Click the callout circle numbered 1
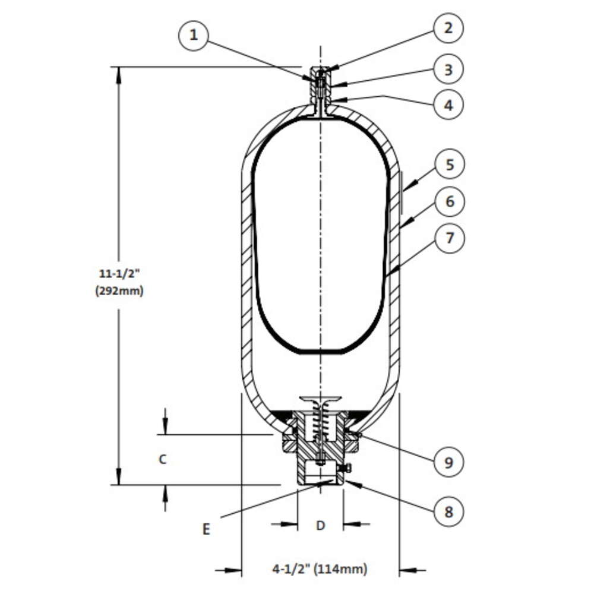click(193, 36)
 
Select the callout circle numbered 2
click(448, 28)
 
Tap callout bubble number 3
click(448, 69)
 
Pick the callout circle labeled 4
click(448, 105)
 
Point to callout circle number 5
click(450, 165)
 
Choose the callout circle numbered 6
click(450, 201)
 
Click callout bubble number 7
click(450, 238)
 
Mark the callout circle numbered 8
click(448, 512)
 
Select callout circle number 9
click(448, 462)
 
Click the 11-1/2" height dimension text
click(119, 273)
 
